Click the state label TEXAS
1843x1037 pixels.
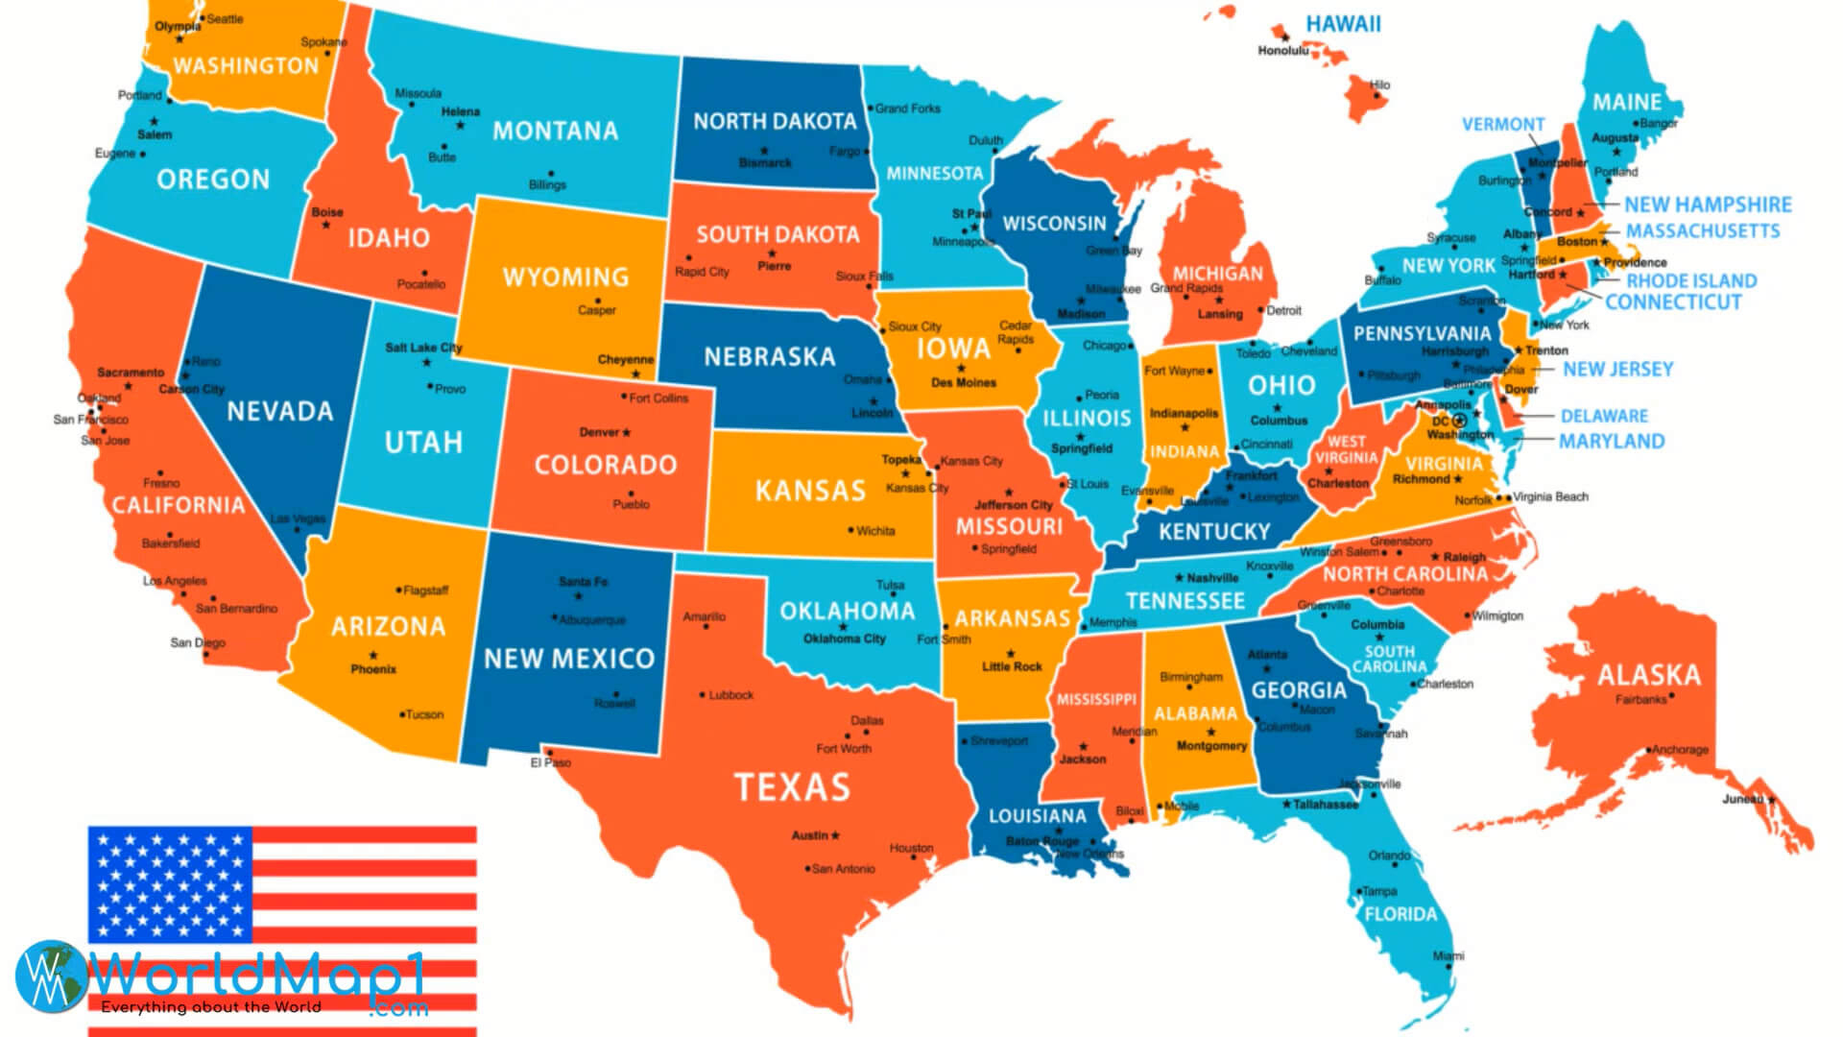click(792, 787)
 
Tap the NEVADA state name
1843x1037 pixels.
click(279, 411)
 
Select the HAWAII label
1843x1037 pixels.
click(1343, 24)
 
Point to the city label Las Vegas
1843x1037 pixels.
click(298, 518)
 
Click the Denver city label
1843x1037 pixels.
click(600, 432)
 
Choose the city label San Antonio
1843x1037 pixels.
click(843, 869)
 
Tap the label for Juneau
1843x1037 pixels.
click(1742, 799)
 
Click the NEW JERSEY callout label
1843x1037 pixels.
click(1617, 369)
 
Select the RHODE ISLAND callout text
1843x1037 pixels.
click(1691, 280)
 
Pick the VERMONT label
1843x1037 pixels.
click(1503, 124)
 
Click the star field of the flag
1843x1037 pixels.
click(171, 884)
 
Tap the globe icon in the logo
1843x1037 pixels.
click(50, 976)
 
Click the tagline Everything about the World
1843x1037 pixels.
click(211, 1007)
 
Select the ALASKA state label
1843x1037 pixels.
click(1648, 674)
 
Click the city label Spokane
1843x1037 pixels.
click(323, 42)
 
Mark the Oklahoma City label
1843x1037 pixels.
click(844, 639)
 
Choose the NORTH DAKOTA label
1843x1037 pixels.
click(775, 121)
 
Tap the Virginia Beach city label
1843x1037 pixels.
click(1550, 496)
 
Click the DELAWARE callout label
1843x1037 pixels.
click(1604, 416)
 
